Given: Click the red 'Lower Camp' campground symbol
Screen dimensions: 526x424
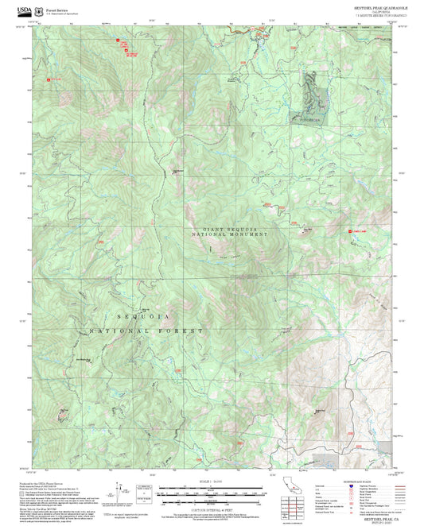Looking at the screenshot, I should tap(351, 231).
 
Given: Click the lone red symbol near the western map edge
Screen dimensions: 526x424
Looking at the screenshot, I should tap(48, 79).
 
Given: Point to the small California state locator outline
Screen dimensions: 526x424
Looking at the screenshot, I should tap(293, 485).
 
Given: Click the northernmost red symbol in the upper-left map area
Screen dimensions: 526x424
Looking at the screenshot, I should tap(118, 40).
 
